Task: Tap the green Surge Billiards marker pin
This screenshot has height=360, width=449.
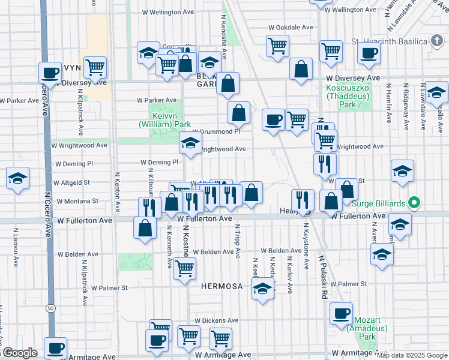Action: click(414, 203)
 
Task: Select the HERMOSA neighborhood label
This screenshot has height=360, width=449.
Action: click(221, 286)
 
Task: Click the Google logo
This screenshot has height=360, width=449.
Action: click(19, 353)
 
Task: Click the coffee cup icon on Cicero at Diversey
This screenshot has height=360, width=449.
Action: click(50, 73)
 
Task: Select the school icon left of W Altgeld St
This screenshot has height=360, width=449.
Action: click(17, 178)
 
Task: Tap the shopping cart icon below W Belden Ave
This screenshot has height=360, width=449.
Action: click(184, 268)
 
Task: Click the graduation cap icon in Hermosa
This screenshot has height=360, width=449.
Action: click(262, 289)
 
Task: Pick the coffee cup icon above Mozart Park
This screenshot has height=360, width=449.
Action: click(341, 314)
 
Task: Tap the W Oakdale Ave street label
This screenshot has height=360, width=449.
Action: click(291, 28)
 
